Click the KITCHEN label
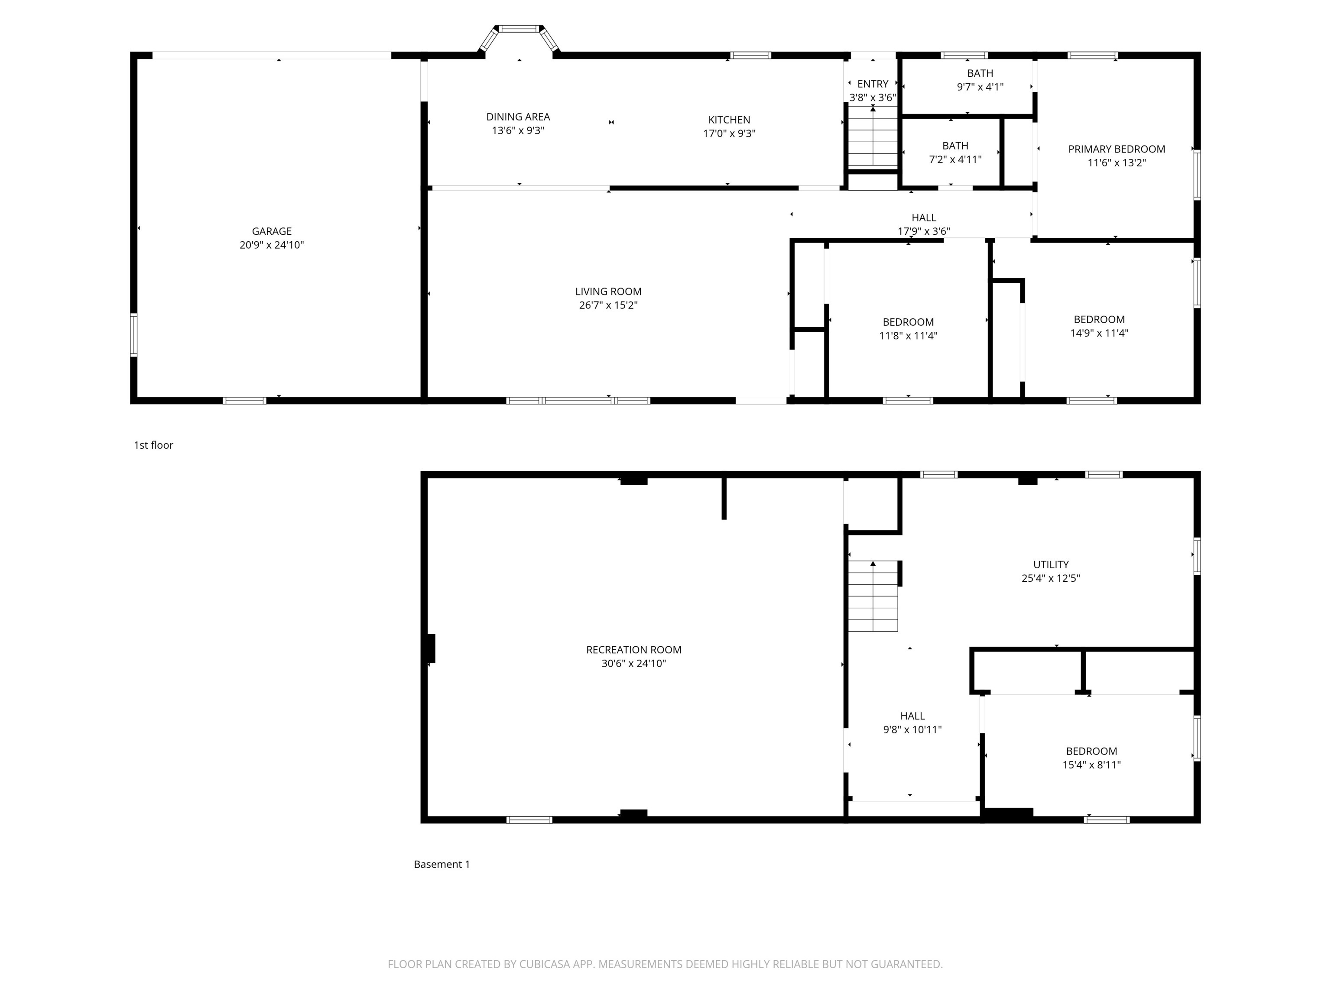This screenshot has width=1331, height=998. [x=729, y=120]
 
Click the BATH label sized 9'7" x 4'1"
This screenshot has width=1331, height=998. [x=980, y=73]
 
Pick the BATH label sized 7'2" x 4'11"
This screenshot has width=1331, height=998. [x=955, y=146]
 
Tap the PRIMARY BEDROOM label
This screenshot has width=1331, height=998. [x=1116, y=149]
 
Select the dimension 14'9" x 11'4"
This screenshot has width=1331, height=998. [x=1099, y=333]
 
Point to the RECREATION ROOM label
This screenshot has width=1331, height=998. [x=633, y=650]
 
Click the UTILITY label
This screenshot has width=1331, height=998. [x=1051, y=564]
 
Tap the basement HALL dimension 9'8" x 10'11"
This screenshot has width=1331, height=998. [x=912, y=730]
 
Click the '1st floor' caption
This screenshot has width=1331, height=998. [x=153, y=445]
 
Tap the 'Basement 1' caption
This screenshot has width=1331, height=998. [x=442, y=865]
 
